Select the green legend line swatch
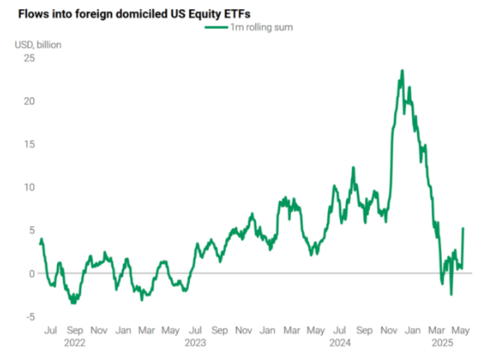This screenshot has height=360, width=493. point(216,27)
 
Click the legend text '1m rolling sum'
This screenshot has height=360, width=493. point(262,27)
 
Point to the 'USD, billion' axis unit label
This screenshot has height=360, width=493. point(38,45)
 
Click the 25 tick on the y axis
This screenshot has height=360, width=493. point(29,58)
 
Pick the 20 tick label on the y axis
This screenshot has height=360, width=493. point(29,102)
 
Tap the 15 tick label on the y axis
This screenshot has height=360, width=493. point(29,144)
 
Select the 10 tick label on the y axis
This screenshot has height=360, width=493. point(29,187)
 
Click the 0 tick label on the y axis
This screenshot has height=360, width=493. point(31,273)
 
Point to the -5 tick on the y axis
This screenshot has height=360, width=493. point(31,317)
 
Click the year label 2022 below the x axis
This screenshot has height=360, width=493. point(75,343)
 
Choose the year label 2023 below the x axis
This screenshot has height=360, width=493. point(195,343)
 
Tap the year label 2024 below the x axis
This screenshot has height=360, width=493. point(340,343)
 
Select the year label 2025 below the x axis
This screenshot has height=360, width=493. point(443,343)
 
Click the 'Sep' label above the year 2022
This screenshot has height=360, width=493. point(75,330)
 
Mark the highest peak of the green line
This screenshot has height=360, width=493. point(402,70)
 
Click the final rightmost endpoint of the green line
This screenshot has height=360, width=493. point(463,228)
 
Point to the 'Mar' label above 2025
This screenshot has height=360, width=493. point(437,330)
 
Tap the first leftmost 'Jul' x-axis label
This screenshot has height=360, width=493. point(50,330)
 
